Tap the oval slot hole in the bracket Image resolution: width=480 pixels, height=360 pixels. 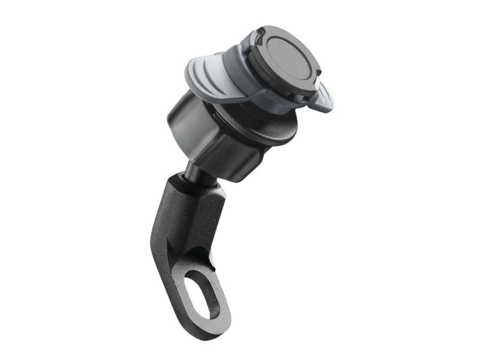point(206,294)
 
